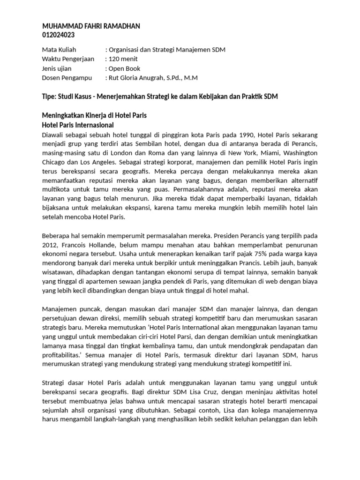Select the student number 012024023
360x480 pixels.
click(59, 35)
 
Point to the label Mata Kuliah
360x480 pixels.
click(59, 50)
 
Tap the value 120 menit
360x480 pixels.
click(124, 59)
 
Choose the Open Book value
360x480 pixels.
click(125, 68)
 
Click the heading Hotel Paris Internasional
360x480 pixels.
click(78, 125)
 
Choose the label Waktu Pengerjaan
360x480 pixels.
click(68, 59)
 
